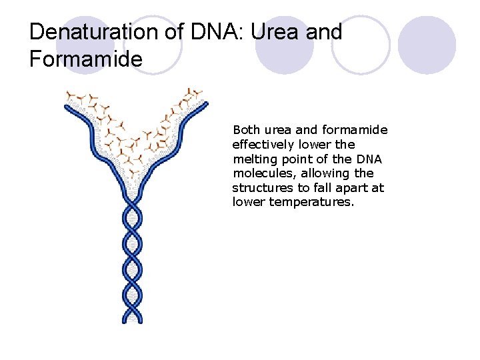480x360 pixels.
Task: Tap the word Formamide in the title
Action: tap(86, 59)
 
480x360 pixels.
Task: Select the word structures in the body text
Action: tap(261, 188)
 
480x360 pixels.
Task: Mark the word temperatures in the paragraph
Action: tap(311, 202)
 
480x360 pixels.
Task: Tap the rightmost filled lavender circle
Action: tap(427, 45)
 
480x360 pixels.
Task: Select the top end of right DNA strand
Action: tap(205, 103)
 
